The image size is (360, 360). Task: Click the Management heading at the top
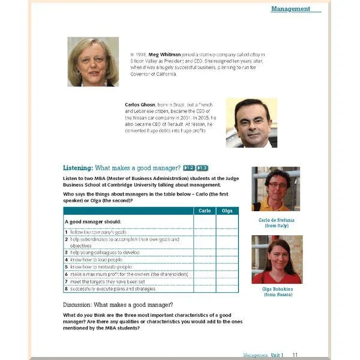click(291, 9)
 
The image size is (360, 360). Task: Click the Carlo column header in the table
click(204, 211)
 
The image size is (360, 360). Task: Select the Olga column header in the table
click(227, 211)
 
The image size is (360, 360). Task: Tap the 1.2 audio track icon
click(188, 168)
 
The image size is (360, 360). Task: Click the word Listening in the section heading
click(78, 168)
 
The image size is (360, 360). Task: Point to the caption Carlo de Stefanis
click(276, 220)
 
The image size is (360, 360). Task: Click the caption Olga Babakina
click(277, 289)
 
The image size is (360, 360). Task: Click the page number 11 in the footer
click(295, 355)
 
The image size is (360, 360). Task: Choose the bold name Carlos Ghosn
click(140, 104)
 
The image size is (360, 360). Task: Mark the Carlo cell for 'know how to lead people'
click(204, 260)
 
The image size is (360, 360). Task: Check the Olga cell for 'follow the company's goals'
click(227, 231)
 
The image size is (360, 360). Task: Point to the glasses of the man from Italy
click(277, 184)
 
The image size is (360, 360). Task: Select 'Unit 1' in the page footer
click(277, 355)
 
